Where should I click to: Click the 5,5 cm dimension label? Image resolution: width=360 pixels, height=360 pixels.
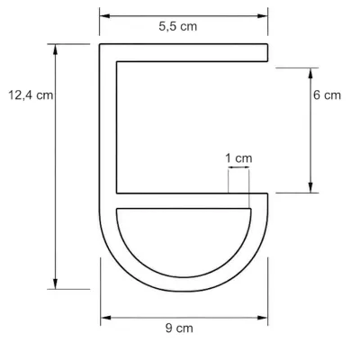tap(178, 27)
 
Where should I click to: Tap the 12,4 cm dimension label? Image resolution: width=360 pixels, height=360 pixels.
tap(31, 95)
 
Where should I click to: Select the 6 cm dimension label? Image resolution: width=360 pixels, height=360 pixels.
tap(327, 95)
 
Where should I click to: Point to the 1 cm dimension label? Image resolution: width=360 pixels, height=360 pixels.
tap(238, 158)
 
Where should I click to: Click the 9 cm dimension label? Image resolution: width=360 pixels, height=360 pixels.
tap(179, 328)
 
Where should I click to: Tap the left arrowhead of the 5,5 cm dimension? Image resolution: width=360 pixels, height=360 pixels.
tap(104, 16)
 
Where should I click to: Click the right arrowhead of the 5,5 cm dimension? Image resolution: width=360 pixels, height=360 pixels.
tap(263, 16)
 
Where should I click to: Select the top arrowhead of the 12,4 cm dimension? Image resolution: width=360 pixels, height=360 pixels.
tap(55, 49)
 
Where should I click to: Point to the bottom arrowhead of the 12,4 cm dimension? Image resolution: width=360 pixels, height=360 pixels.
tap(55, 283)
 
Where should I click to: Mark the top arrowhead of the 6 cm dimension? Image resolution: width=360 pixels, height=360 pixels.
tap(310, 73)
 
